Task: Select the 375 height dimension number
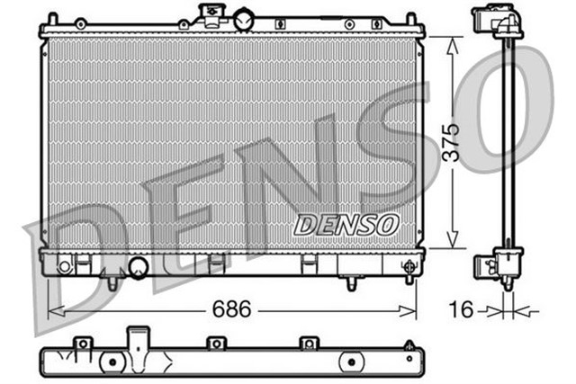452,143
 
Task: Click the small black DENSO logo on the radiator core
346,224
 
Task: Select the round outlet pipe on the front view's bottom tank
139,266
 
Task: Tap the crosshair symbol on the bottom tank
410,266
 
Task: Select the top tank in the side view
498,23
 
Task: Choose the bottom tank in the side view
499,265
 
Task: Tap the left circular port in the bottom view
112,362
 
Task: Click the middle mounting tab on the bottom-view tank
214,344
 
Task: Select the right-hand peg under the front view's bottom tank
350,282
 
